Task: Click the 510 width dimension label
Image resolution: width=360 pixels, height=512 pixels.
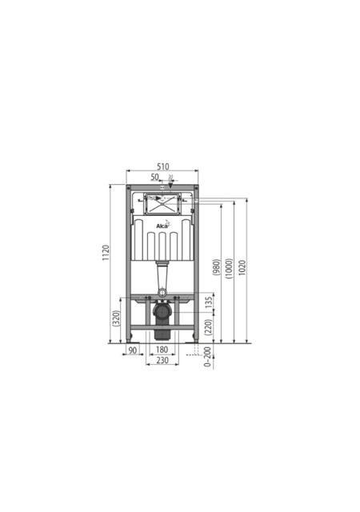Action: coord(163,166)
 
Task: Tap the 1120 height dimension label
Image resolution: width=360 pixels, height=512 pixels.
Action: coord(106,253)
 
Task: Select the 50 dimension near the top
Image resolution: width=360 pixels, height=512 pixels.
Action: coord(154,177)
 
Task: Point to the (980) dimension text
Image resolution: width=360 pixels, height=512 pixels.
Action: coord(216,267)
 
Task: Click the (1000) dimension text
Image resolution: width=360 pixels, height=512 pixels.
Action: coord(229,269)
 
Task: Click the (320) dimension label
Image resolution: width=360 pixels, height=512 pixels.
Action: coord(116,318)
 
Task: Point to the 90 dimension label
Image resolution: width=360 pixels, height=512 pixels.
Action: coord(132,350)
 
